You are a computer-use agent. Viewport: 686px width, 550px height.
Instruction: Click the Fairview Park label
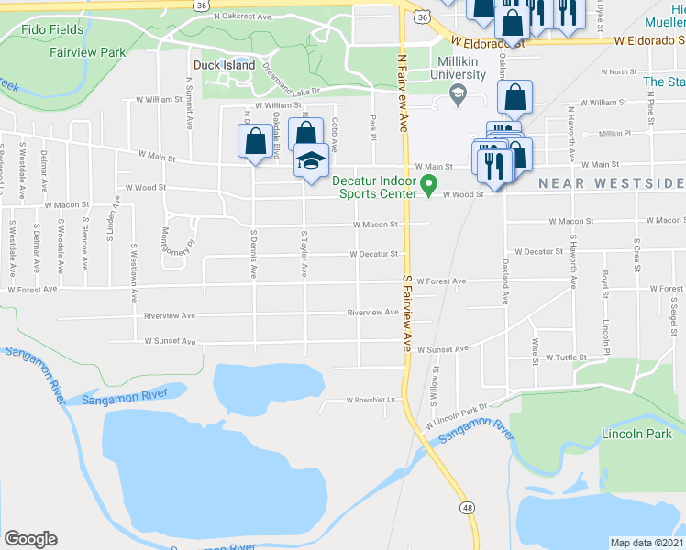click(x=88, y=52)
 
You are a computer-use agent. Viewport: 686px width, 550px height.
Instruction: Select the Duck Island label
click(x=224, y=65)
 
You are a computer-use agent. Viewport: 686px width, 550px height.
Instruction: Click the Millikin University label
click(x=457, y=67)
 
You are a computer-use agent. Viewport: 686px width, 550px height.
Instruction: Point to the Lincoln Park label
click(x=632, y=433)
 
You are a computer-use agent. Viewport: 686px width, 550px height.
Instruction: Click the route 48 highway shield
click(x=469, y=507)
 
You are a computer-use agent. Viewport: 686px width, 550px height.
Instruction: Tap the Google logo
click(x=29, y=539)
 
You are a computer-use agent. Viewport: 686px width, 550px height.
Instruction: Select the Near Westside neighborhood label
click(x=611, y=183)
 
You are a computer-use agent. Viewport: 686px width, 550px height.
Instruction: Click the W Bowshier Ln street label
click(x=375, y=401)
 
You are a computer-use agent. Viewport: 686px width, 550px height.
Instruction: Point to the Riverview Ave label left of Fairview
click(x=372, y=313)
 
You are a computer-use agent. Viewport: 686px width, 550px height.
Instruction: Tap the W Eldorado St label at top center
click(x=492, y=42)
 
